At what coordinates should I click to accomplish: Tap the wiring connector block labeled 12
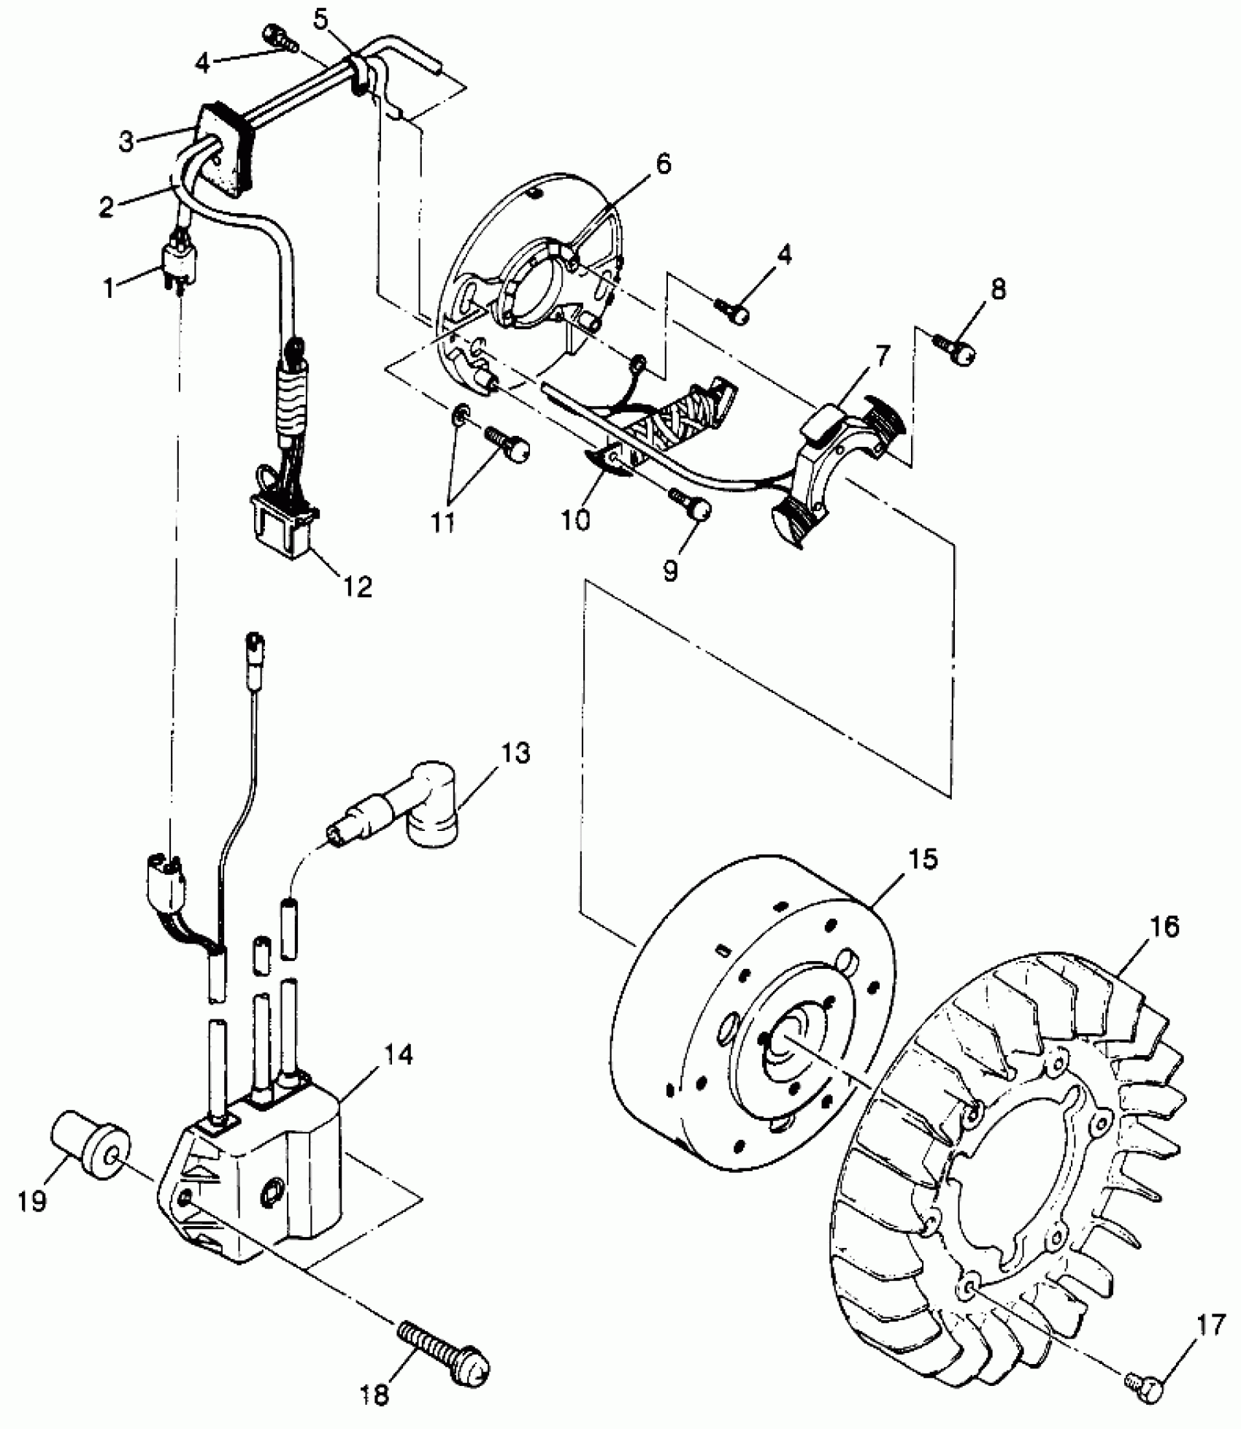pos(285,525)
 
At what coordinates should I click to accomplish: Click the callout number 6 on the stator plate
pos(661,164)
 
